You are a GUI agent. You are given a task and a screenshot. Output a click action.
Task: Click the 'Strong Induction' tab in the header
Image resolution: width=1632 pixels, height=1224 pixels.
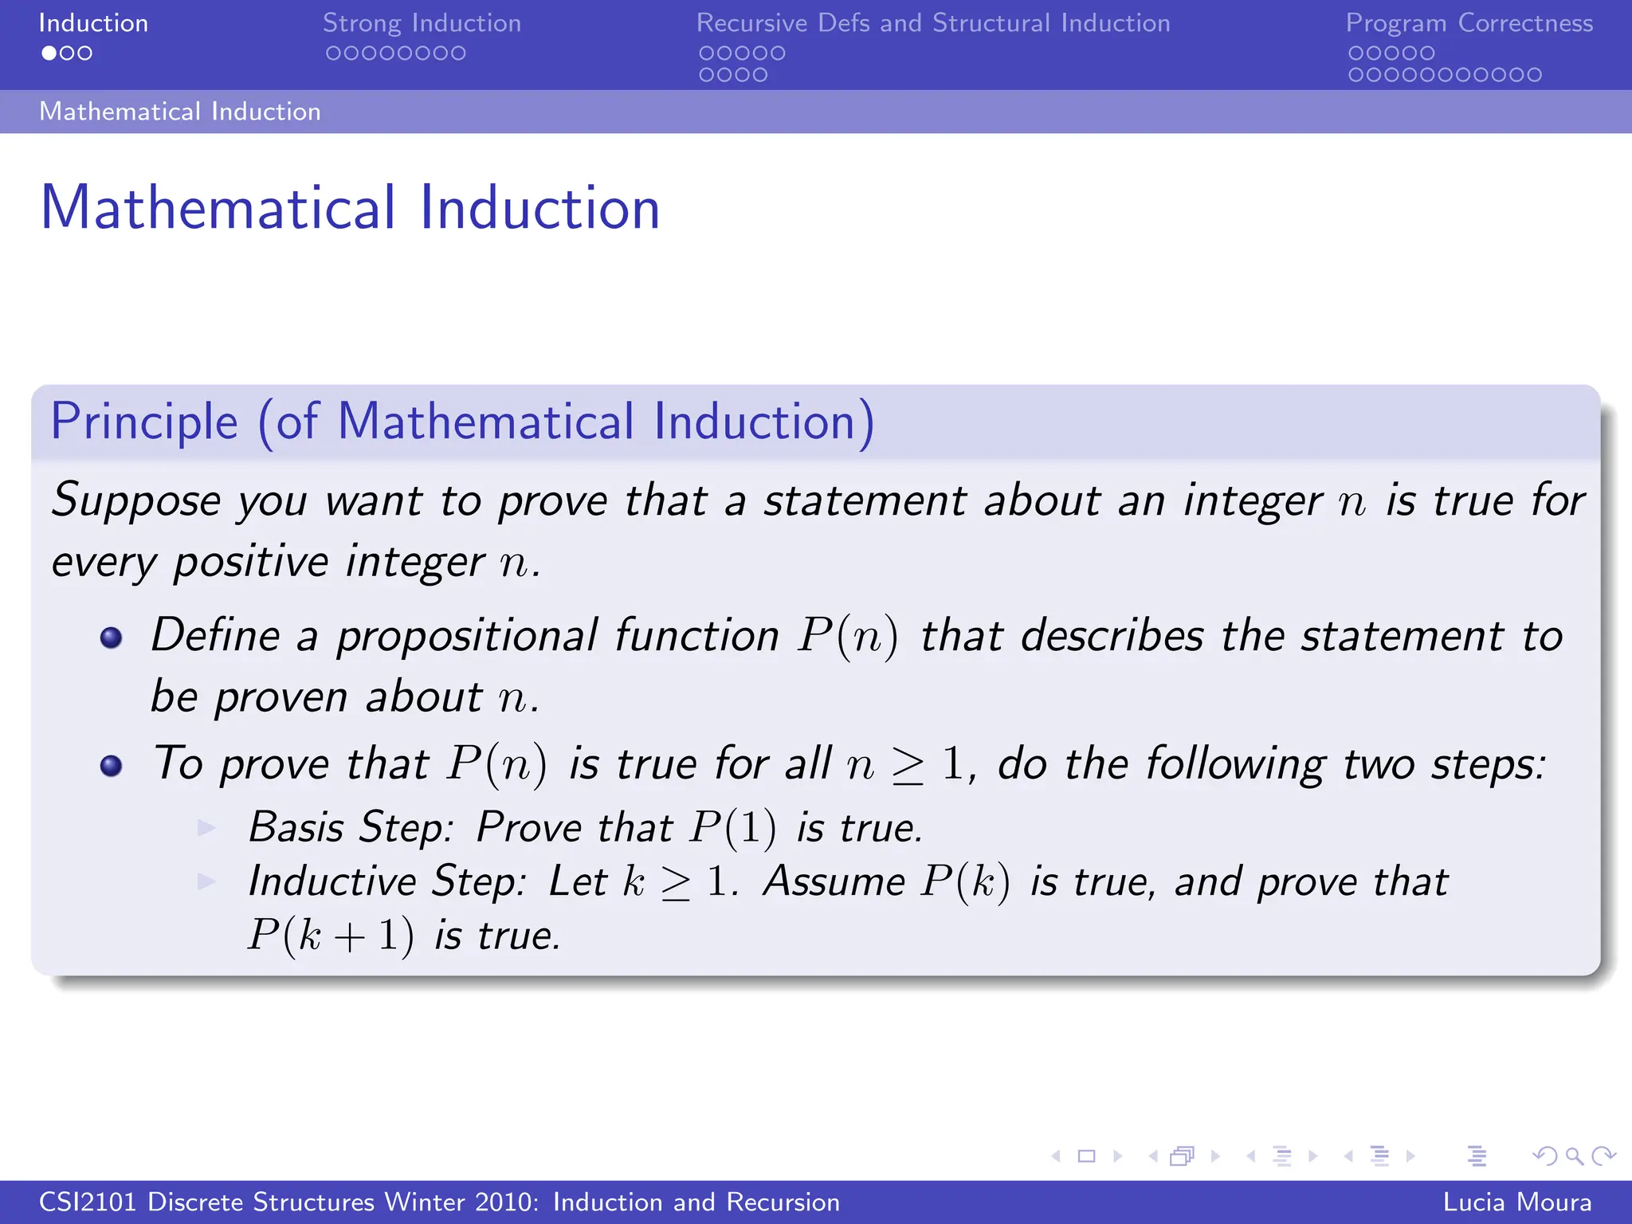422,23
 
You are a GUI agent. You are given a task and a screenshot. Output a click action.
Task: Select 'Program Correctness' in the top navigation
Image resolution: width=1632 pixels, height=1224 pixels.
1469,23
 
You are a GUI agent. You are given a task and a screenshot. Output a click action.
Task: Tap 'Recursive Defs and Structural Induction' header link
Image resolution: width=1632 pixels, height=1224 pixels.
933,23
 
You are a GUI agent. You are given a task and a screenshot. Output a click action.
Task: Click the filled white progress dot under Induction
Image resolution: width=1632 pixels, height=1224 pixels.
49,53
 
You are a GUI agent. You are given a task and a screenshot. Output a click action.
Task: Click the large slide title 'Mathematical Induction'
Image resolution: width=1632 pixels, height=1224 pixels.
350,207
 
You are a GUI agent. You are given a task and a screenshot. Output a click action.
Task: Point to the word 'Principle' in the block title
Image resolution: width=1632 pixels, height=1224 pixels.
144,421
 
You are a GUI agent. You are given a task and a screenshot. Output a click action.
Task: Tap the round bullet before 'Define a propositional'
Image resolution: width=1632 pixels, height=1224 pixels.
111,637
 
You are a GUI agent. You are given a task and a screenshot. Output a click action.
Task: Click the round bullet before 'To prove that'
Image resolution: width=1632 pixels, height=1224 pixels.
111,766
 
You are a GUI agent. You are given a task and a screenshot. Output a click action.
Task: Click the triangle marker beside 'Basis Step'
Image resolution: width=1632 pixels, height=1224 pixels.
206,828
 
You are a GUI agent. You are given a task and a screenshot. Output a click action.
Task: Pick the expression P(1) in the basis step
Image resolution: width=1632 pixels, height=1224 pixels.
732,827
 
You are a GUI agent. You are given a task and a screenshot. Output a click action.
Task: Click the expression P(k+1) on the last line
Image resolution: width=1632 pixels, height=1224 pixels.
330,936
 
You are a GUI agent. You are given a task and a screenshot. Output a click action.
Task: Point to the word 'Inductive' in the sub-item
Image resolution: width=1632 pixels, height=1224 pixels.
331,881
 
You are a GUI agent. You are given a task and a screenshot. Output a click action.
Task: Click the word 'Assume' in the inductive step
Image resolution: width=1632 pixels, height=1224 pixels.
834,881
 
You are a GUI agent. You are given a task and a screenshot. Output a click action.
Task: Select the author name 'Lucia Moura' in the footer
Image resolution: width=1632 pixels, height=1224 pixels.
1516,1202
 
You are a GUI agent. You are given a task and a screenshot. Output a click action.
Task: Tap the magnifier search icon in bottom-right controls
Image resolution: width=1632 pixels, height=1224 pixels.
1574,1155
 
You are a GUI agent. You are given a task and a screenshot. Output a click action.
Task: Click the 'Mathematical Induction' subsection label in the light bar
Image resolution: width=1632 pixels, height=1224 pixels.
180,112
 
